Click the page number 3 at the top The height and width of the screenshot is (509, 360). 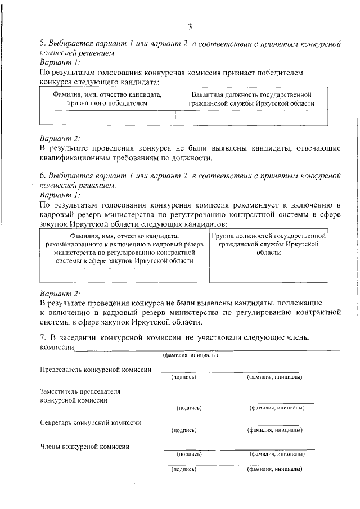(x=190, y=26)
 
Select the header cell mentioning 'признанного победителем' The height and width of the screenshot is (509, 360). (x=107, y=99)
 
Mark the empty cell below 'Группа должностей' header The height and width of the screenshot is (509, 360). (x=268, y=274)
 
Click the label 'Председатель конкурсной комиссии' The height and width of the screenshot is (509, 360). (x=96, y=370)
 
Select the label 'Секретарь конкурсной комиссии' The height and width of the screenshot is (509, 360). (x=91, y=422)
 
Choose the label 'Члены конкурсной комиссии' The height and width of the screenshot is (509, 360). (x=85, y=447)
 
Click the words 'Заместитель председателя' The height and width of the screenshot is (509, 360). (x=80, y=391)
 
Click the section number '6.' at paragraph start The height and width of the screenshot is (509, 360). (x=43, y=175)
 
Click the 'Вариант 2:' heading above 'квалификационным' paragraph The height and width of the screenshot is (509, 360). (x=60, y=138)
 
